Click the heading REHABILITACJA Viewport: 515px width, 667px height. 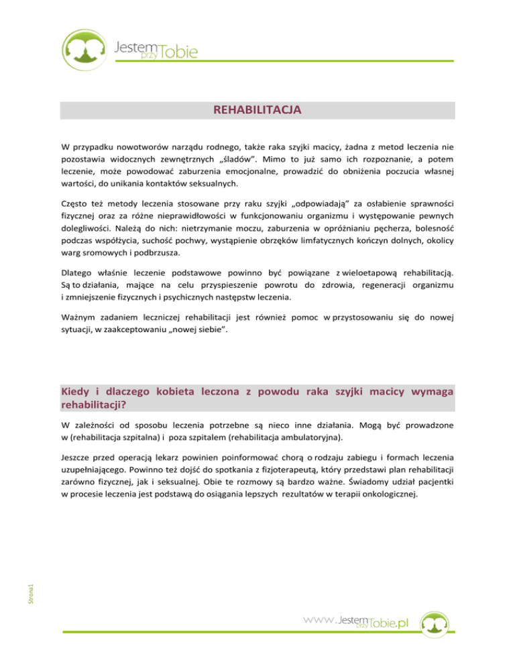point(257,109)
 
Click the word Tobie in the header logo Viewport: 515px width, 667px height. point(179,51)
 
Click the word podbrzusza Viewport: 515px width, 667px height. point(176,263)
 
